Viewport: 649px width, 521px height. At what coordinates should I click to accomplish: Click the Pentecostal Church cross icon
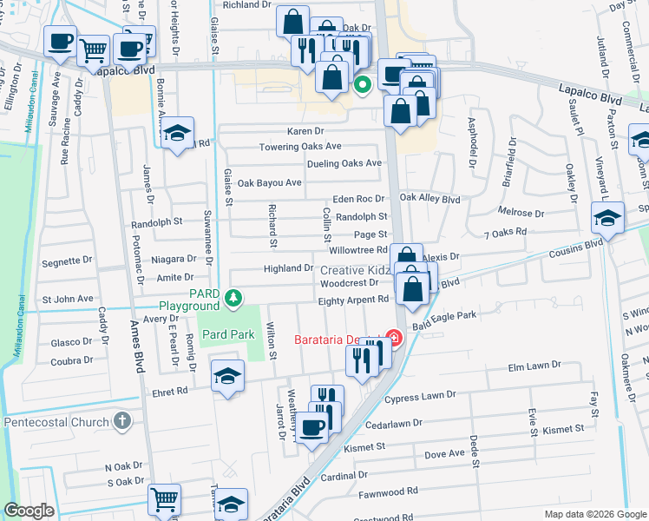123,422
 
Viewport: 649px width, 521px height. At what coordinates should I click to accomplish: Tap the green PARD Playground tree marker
233,299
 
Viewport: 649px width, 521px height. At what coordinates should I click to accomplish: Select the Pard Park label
228,334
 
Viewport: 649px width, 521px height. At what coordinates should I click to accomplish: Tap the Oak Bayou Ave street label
269,183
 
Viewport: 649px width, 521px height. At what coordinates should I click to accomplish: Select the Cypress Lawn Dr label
420,395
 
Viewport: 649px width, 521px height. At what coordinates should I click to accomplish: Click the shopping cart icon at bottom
163,498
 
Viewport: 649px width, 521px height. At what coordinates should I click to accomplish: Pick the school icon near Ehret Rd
227,375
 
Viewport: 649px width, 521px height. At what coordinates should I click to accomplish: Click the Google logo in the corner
29,511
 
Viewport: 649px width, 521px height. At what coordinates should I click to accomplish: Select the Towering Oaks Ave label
300,147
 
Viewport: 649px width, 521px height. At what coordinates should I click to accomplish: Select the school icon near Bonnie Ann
177,133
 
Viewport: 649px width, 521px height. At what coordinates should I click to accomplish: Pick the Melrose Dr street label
521,213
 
